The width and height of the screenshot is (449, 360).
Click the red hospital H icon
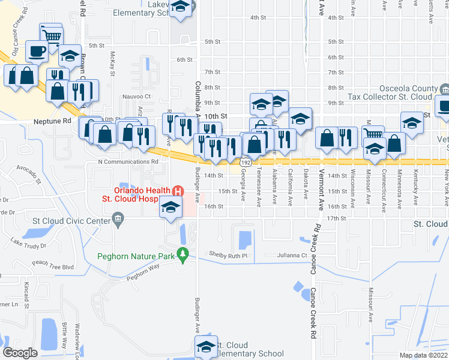pyautogui.click(x=178, y=191)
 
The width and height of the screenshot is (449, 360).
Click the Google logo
pyautogui.click(x=20, y=352)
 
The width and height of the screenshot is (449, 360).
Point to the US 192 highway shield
pyautogui.click(x=246, y=163)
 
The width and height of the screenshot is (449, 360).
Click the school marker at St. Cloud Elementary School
pyautogui.click(x=206, y=347)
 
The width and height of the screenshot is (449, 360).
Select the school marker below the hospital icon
pyautogui.click(x=170, y=208)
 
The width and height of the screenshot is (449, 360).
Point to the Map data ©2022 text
pyautogui.click(x=424, y=355)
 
